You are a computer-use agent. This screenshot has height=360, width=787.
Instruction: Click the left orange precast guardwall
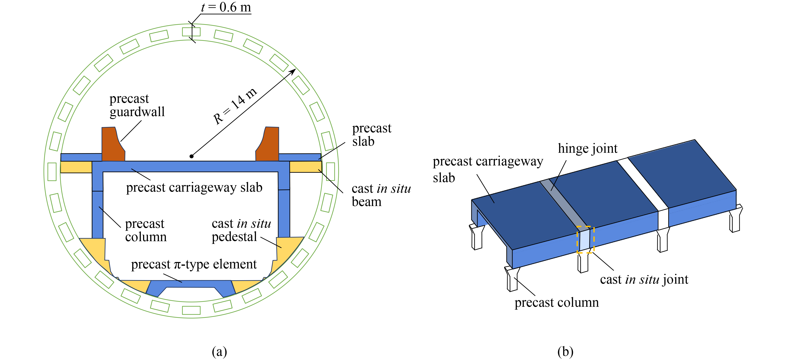[x=112, y=144]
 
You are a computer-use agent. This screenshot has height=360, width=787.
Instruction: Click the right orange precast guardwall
[x=268, y=144]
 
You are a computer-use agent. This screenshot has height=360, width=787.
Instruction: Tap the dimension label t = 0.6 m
[x=226, y=7]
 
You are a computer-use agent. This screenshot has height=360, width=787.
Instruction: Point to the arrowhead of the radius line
[x=293, y=71]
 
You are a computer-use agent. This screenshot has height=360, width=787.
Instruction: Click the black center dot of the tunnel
[x=192, y=156]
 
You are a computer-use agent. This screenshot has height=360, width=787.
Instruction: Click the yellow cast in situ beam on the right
[x=305, y=167]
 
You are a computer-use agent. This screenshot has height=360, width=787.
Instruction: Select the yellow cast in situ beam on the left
[x=76, y=167]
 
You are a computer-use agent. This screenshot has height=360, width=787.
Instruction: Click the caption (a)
[x=219, y=351]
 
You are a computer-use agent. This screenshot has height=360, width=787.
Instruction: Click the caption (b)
[x=565, y=351]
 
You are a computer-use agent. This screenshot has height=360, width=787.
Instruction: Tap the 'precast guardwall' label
[x=137, y=105]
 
